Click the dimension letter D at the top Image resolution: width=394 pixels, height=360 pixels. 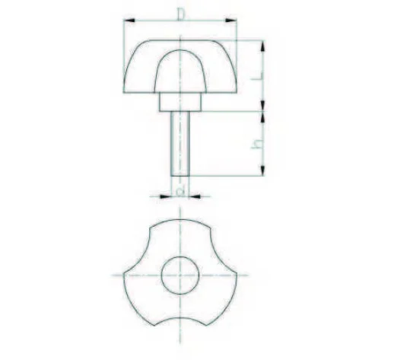pyautogui.click(x=180, y=13)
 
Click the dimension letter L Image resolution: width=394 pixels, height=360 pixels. pyautogui.click(x=260, y=76)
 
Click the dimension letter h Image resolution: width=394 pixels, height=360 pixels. pyautogui.click(x=259, y=143)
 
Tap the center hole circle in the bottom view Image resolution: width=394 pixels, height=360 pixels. pyautogui.click(x=180, y=275)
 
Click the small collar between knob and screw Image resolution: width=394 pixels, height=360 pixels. pyautogui.click(x=180, y=100)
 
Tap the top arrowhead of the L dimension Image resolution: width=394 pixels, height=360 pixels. pyautogui.click(x=262, y=44)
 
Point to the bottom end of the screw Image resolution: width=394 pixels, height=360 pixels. pyautogui.click(x=180, y=174)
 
